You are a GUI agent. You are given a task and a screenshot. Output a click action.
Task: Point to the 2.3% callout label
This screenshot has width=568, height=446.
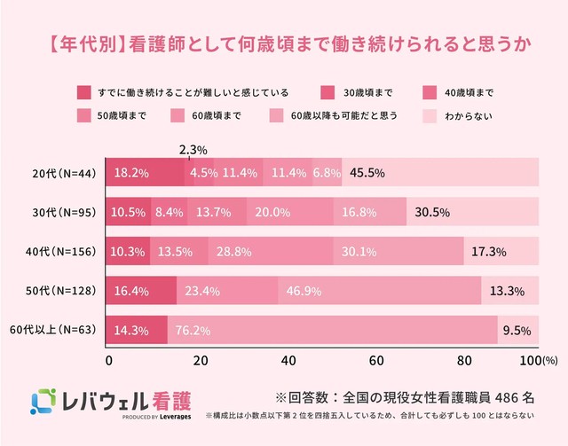[x=193, y=149]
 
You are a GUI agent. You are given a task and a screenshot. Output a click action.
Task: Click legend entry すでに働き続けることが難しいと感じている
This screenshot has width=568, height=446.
[x=191, y=92]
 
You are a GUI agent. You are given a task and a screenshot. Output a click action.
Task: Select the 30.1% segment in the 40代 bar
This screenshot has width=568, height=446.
[x=398, y=252]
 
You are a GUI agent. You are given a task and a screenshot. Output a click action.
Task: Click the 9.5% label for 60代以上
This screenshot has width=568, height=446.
[x=517, y=331]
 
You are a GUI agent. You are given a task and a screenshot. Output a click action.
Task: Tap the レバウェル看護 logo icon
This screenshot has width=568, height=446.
[x=43, y=402]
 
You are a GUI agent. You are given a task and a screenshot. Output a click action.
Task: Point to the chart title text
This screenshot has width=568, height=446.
[x=284, y=41]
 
